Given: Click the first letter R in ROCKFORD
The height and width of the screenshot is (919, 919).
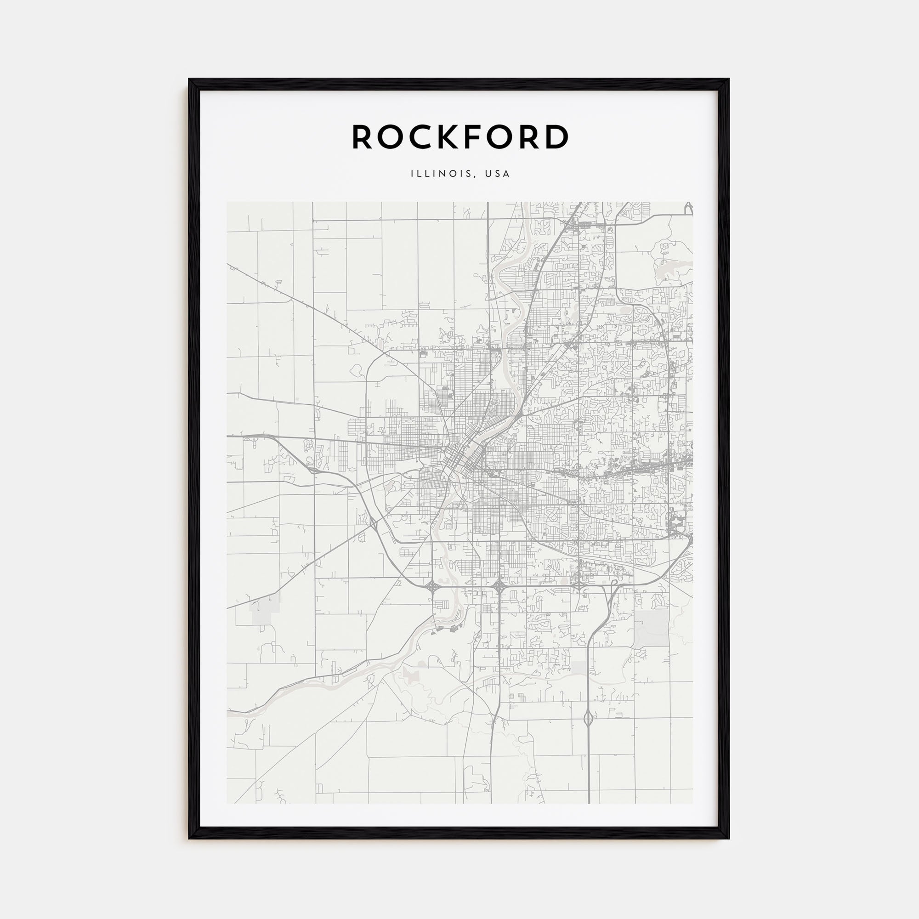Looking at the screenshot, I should coord(363,137).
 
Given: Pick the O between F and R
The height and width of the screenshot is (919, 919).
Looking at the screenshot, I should coord(503,137).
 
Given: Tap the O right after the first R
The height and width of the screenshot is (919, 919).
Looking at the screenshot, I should coord(391,137).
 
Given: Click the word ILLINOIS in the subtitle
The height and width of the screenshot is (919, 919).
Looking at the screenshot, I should coord(441,174).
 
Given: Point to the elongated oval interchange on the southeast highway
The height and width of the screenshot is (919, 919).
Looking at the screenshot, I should coord(589,718).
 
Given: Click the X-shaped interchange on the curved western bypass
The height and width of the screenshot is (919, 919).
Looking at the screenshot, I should coord(374,524).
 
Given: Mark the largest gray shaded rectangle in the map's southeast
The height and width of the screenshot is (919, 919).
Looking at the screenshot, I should coord(651,628).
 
